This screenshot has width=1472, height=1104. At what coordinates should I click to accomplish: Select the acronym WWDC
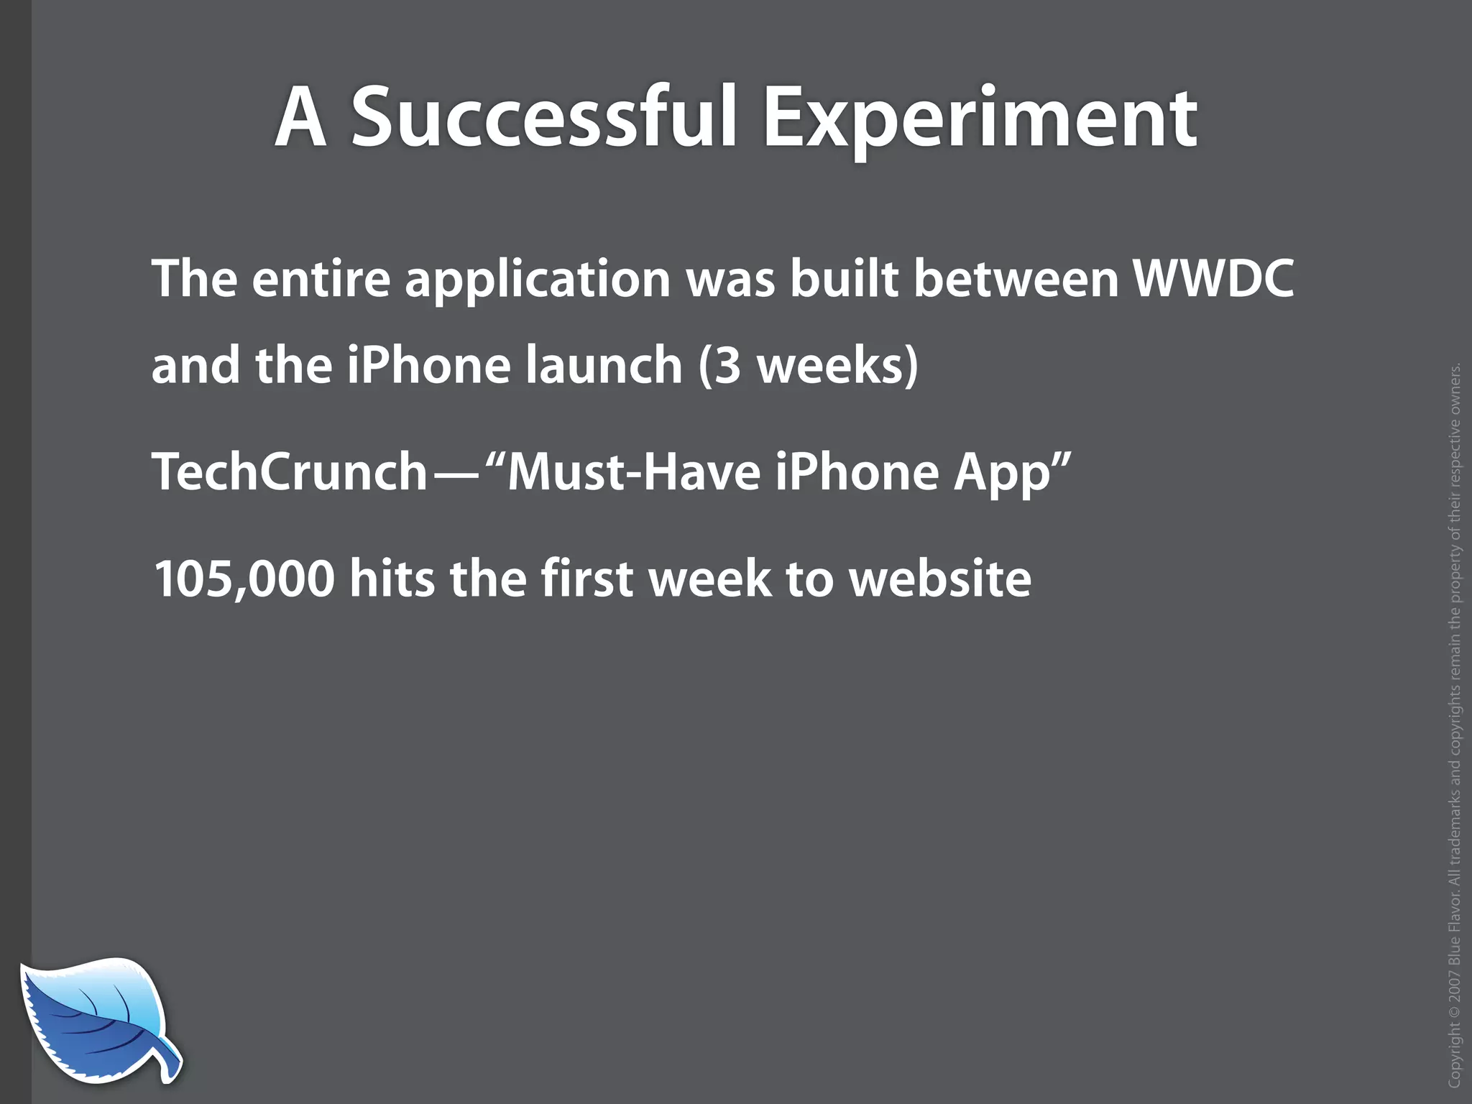tap(1213, 278)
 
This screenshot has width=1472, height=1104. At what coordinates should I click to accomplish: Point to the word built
tap(845, 278)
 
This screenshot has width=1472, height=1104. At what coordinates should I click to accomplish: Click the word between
tap(1016, 278)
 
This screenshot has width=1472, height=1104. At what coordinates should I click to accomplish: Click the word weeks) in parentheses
tap(838, 366)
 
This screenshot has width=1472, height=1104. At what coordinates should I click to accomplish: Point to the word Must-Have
tap(633, 471)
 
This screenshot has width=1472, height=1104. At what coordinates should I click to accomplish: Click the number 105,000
tap(244, 579)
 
